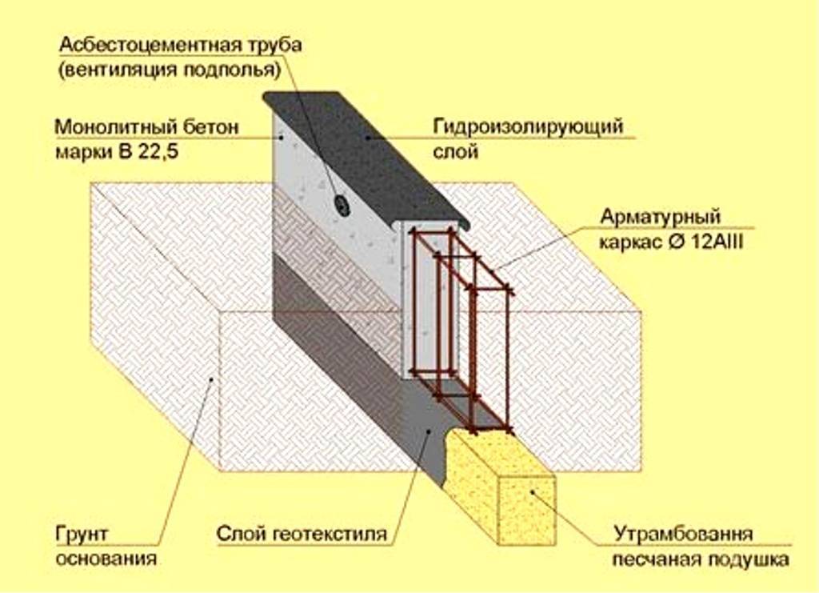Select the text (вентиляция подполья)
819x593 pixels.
169,70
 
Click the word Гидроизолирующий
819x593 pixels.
528,126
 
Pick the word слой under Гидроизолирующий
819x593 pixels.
456,150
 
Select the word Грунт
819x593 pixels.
82,533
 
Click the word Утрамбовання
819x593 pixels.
683,534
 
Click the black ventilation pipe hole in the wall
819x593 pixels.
342,206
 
